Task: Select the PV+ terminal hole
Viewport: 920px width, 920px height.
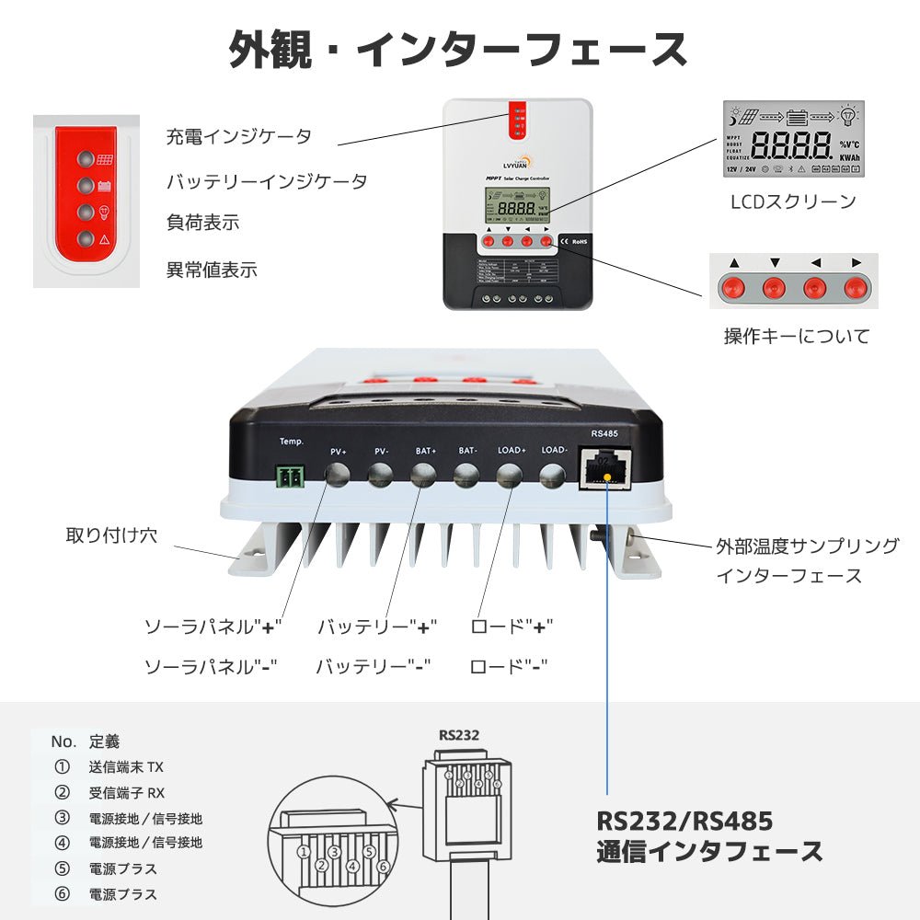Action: (337, 475)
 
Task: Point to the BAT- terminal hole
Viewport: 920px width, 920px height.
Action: (466, 475)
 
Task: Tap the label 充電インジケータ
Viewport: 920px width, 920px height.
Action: (239, 137)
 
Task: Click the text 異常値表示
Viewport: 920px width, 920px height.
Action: (212, 270)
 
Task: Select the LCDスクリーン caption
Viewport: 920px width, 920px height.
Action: (793, 201)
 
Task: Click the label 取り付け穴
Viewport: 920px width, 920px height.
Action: (111, 535)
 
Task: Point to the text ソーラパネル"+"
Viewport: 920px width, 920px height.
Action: (213, 627)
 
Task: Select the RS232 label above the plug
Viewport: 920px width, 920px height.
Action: (459, 734)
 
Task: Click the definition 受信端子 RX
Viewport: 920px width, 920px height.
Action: (127, 792)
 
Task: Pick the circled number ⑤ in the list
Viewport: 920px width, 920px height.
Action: (63, 868)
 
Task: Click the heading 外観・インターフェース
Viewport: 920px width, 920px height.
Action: (457, 50)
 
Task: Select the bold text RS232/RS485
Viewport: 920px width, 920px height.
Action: (684, 820)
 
